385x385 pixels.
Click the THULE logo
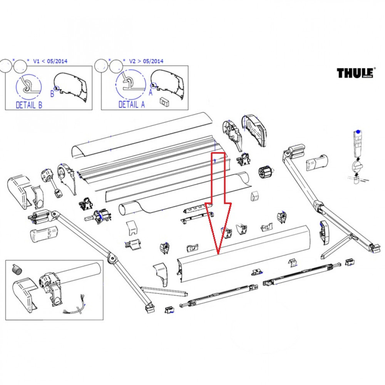[356, 73]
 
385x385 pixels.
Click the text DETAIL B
[29, 105]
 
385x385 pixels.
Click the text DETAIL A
[132, 105]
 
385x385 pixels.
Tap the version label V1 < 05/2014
[50, 61]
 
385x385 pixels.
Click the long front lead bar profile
[243, 254]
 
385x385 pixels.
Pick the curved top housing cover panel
[142, 135]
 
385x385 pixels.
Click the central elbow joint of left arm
[112, 258]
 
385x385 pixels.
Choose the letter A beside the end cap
[151, 93]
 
